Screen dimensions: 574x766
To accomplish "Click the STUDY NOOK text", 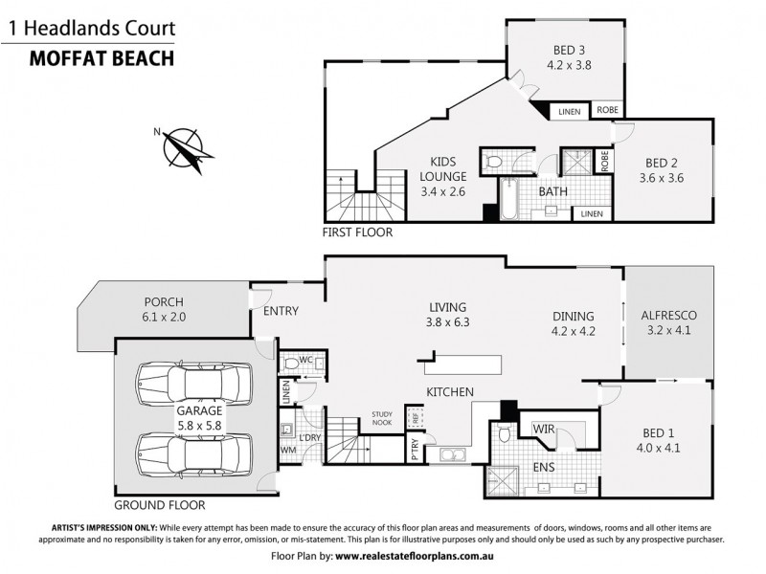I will click(382, 417).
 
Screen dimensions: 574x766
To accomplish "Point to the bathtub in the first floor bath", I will click(506, 198).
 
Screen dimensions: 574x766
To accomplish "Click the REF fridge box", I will click(415, 417).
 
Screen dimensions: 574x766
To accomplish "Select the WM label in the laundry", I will click(288, 449).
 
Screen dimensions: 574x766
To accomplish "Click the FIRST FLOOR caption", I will click(358, 232).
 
